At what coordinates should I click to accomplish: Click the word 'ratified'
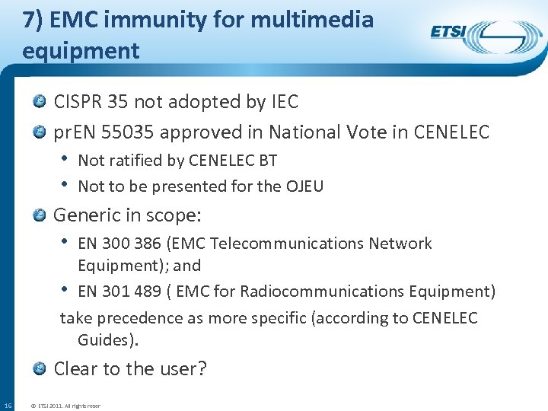click(134, 161)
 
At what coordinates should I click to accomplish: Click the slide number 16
click(8, 404)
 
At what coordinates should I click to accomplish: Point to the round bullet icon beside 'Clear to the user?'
click(40, 368)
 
